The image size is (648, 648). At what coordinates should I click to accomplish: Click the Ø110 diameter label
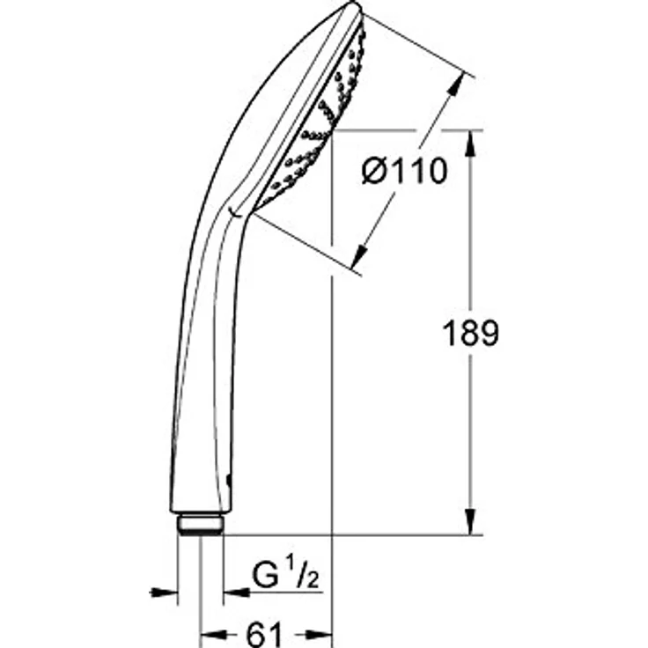pos(404,171)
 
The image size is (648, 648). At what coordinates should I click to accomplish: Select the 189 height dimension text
pos(470,333)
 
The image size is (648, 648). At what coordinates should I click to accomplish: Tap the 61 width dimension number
pos(264,635)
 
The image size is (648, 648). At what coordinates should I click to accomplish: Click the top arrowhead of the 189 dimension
pos(470,143)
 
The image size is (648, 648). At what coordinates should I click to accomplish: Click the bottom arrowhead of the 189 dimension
pos(470,522)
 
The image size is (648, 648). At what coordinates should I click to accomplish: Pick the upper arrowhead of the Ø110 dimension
pos(456,86)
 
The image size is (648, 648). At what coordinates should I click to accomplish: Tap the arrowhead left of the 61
pos(213,634)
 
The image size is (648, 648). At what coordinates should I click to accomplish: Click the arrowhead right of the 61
pos(319,634)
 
